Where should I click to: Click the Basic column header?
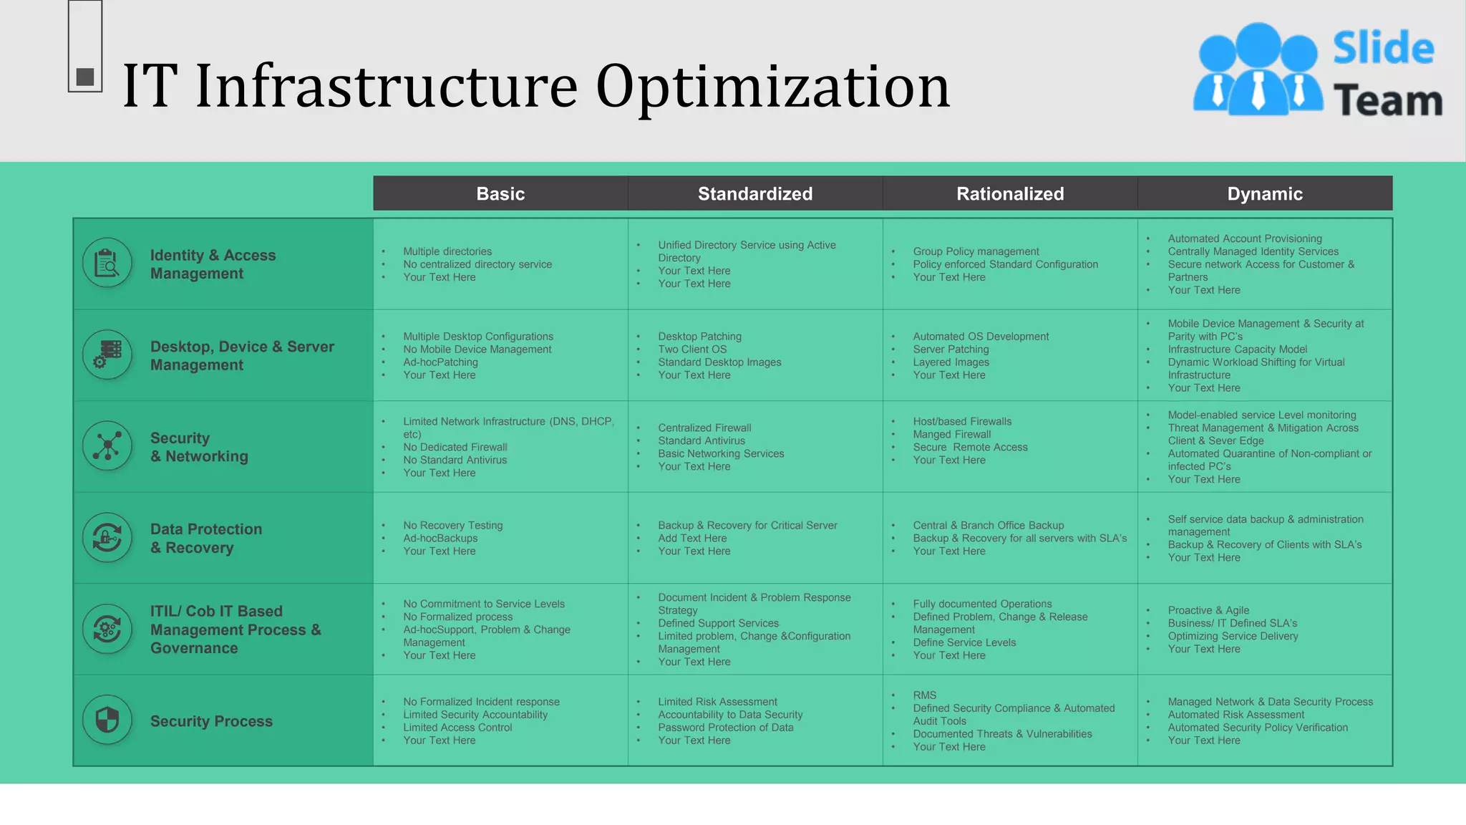[x=500, y=193]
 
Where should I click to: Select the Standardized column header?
[x=755, y=193]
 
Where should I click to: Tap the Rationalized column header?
[x=1010, y=193]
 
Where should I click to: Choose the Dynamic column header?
[x=1265, y=193]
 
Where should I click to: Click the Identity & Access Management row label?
[x=213, y=264]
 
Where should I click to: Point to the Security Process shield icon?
[x=107, y=720]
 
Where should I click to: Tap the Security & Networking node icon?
[x=107, y=445]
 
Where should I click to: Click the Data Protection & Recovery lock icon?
[x=107, y=537]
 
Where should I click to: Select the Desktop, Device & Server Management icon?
[x=107, y=354]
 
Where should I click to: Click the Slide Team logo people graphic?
[x=1257, y=70]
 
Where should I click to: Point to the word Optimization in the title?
[x=772, y=86]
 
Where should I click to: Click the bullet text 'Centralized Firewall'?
[x=704, y=428]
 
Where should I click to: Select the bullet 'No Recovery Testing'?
[x=452, y=525]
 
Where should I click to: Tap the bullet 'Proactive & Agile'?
[x=1208, y=610]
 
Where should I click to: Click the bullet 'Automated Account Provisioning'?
[x=1245, y=238]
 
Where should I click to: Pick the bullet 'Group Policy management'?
[x=976, y=251]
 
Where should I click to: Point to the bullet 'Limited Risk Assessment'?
[x=717, y=702]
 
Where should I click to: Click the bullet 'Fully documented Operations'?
[x=982, y=604]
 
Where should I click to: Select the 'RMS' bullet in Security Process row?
[x=924, y=695]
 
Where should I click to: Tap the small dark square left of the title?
[x=85, y=77]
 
